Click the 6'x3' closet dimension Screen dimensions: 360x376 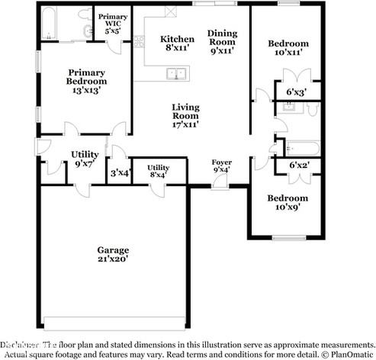[x=296, y=92]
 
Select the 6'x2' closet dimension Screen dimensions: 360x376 [x=297, y=165]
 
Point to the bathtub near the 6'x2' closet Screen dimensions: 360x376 [x=300, y=147]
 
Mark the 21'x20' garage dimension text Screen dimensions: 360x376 [x=112, y=259]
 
